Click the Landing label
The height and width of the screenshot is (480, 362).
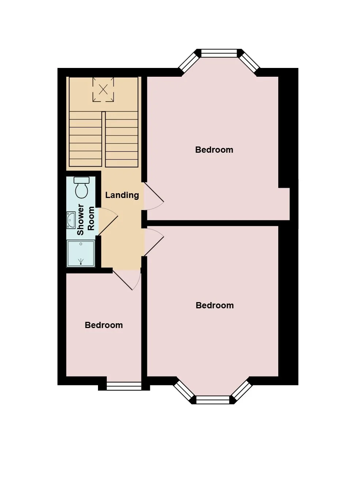tap(122, 195)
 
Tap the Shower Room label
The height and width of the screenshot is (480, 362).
tap(85, 219)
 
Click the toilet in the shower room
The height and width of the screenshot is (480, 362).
tap(82, 187)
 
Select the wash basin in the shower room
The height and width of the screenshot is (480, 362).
tap(71, 220)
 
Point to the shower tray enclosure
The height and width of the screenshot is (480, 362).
tap(81, 254)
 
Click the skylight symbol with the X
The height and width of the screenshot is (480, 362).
tap(103, 89)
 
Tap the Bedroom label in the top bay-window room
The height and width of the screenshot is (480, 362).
tap(214, 150)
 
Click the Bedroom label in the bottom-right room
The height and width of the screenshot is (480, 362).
tap(215, 305)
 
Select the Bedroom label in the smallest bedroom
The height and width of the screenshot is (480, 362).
tap(103, 325)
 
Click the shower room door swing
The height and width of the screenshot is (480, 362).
tap(108, 221)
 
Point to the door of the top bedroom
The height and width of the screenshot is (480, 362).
tap(154, 196)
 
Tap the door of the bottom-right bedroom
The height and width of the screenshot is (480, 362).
tap(154, 242)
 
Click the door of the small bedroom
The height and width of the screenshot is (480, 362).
tap(127, 280)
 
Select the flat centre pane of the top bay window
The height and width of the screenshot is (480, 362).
tap(219, 53)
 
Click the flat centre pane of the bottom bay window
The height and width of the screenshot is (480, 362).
tap(212, 400)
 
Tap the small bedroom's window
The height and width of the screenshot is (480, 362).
tap(124, 386)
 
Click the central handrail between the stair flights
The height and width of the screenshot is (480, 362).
tap(103, 139)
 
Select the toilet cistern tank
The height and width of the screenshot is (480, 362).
tap(82, 180)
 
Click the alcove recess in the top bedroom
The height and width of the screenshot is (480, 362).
tap(284, 204)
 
